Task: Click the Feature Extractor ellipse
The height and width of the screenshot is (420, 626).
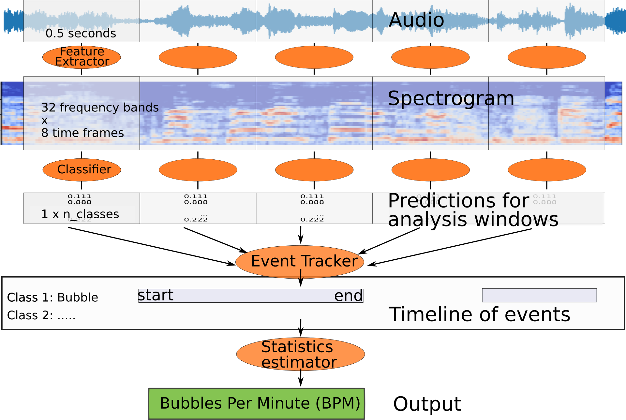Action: (x=82, y=57)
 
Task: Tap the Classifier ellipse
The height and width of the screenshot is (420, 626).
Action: (x=82, y=170)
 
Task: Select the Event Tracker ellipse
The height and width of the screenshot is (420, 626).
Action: (x=300, y=261)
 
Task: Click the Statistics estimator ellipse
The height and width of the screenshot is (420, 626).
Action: (x=300, y=354)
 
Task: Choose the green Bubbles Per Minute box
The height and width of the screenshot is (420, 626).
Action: (x=256, y=404)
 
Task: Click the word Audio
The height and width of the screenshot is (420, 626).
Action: (x=416, y=20)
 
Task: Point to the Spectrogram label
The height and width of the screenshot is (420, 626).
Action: (x=451, y=98)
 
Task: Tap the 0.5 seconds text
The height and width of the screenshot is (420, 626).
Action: (x=81, y=33)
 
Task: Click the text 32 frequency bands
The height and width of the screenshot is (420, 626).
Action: (x=100, y=108)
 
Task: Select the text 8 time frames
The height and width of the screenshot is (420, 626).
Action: (x=82, y=133)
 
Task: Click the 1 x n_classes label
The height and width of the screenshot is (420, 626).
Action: (x=80, y=214)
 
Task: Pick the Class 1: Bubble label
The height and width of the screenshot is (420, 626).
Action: (x=52, y=297)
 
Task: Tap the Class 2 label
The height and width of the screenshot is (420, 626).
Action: (x=41, y=315)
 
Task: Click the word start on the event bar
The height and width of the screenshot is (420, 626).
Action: (x=156, y=296)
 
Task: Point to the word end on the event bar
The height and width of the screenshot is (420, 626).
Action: (x=348, y=296)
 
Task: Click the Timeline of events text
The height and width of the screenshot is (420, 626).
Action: (x=479, y=314)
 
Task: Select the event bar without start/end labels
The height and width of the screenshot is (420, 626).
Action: (x=539, y=295)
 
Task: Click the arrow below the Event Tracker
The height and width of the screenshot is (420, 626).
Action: (x=301, y=279)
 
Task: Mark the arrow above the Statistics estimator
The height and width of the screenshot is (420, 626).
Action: (x=301, y=325)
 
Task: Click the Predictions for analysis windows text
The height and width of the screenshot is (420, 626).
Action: (x=473, y=209)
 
